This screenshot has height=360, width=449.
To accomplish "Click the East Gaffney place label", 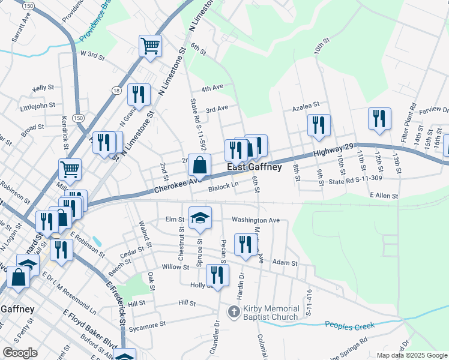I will coord(253,167).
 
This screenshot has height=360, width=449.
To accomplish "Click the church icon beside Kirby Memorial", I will coord(234,312).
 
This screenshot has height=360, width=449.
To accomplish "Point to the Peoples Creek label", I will coord(349,325).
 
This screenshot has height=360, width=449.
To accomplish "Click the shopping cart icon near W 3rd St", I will coord(150,46).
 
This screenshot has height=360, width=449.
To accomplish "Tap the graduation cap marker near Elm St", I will coord(200,217).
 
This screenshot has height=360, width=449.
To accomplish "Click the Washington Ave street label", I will coord(256,220).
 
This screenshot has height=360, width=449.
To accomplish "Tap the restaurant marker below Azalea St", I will coord(319,125).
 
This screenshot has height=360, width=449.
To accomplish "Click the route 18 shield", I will coord(115,90).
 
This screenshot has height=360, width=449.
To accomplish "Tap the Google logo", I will coord(20,353).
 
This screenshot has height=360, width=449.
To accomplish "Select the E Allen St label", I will coord(384,196).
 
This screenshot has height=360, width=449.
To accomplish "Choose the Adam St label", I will coord(285,263).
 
